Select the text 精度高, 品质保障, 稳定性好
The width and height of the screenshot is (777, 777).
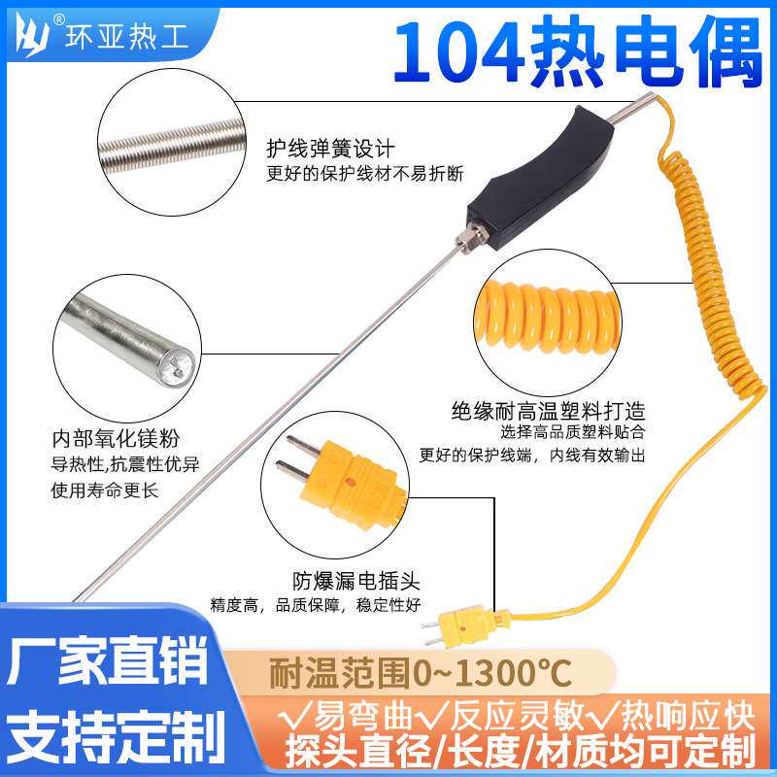[x=315, y=605]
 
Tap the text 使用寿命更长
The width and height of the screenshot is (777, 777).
[x=103, y=490]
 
